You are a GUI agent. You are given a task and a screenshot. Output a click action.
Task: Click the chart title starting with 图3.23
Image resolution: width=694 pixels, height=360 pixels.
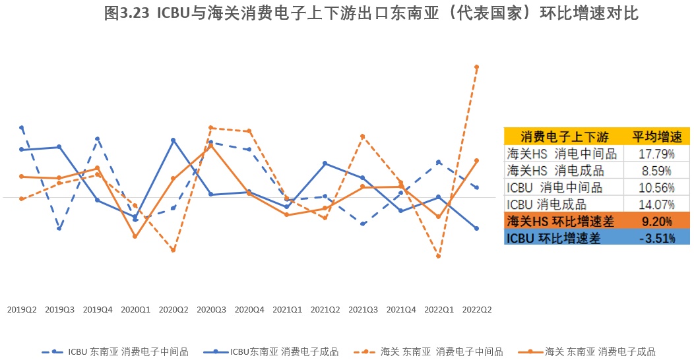tap(371, 14)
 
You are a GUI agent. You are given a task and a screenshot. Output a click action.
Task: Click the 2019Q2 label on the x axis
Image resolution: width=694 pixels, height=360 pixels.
tap(22, 309)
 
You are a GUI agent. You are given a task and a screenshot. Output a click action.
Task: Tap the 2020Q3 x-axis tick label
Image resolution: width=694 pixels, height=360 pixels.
tap(211, 309)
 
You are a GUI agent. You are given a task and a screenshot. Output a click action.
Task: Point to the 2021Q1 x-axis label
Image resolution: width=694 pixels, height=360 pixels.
tap(287, 309)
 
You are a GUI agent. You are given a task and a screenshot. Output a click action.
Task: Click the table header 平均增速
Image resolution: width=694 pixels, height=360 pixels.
tap(656, 136)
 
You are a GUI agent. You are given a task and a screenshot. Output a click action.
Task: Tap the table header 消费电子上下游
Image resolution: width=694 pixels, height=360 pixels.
tap(564, 136)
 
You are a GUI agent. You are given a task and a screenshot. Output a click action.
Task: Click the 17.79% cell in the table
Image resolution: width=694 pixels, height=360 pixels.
tap(656, 154)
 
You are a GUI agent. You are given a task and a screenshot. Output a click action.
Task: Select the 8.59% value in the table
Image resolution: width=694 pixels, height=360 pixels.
tap(656, 170)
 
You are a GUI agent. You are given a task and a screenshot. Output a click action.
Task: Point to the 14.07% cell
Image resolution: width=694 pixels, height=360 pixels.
tap(656, 204)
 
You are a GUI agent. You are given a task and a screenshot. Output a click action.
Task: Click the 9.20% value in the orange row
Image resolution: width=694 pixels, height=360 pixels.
tap(656, 221)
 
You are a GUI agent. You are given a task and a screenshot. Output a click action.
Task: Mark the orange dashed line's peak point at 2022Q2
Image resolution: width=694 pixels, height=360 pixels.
tap(476, 67)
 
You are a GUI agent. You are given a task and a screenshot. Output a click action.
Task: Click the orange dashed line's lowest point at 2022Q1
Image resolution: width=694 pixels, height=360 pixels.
tap(438, 256)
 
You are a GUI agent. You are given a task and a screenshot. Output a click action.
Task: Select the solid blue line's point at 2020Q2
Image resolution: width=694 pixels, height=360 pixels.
tap(173, 140)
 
